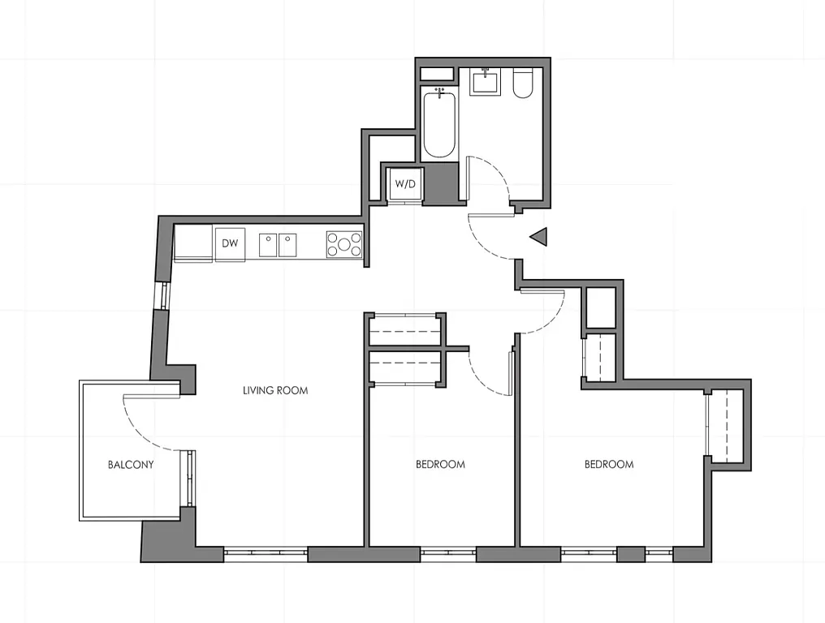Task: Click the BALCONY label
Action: [131, 465]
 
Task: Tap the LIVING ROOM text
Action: [275, 390]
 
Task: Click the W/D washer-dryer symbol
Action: [405, 184]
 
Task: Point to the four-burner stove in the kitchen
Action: [344, 244]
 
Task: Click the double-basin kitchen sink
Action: [278, 244]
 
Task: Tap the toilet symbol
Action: [522, 85]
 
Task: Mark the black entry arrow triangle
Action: [539, 237]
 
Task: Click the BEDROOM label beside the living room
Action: [440, 465]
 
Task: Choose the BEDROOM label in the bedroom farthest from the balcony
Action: [609, 465]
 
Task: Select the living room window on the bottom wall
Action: [266, 554]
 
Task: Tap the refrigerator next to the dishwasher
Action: [192, 243]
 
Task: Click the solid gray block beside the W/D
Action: [442, 183]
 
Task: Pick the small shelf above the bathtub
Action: [438, 74]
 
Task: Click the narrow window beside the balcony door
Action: [191, 479]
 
